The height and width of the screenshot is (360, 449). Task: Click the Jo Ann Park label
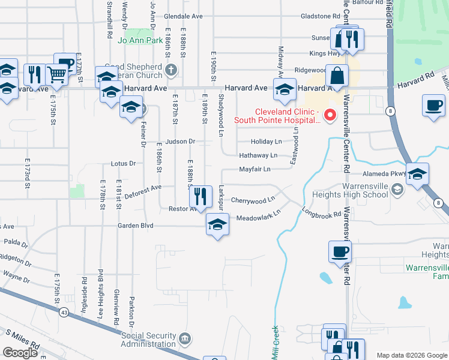(x=141, y=41)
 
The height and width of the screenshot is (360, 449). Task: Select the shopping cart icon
(x=56, y=75)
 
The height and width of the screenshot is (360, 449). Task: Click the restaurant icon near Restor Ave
(x=200, y=196)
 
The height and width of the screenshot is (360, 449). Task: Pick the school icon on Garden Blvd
(x=217, y=225)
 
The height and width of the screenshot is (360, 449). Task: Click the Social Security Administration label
(x=149, y=340)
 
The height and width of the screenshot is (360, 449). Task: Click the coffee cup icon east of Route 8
(x=433, y=106)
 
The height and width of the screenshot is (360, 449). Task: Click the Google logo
(x=20, y=353)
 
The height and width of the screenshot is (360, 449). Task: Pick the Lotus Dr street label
(x=124, y=163)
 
